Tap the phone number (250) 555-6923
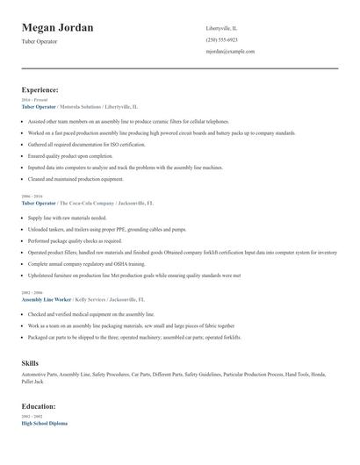[221, 39]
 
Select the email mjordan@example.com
[230, 51]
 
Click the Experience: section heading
[40, 89]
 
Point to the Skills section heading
[30, 361]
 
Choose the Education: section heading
[39, 406]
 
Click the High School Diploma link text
[44, 423]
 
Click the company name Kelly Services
[92, 299]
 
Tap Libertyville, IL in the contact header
[222, 28]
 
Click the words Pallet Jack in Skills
[32, 382]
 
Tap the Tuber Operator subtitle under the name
[40, 41]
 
